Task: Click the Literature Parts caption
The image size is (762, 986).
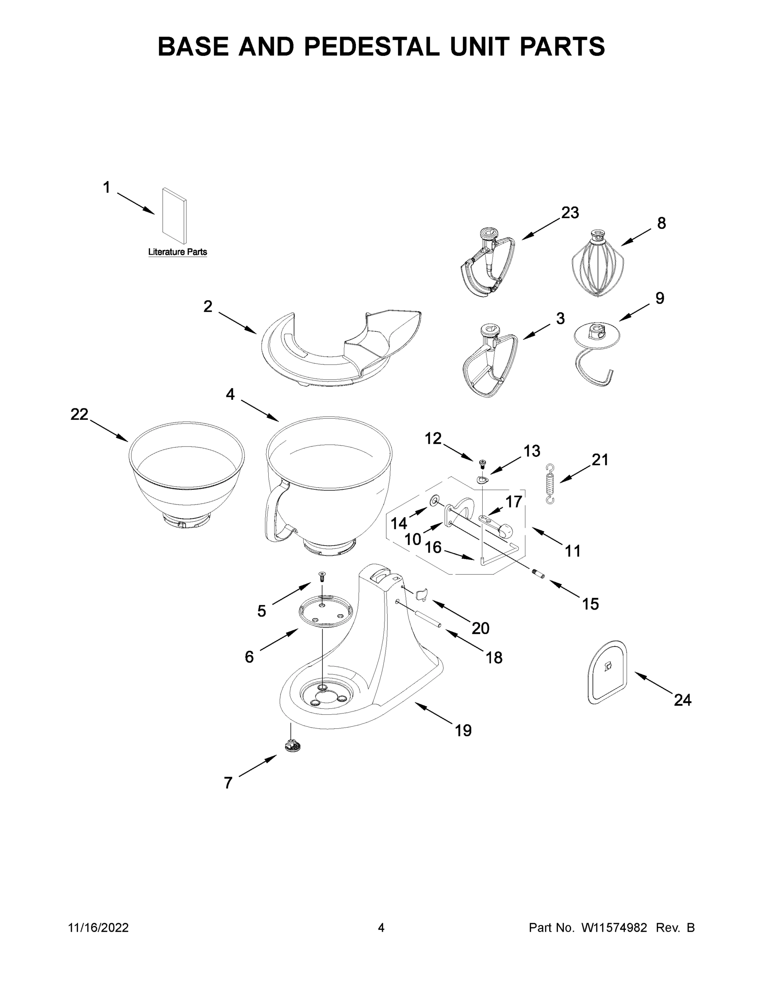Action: coord(177,252)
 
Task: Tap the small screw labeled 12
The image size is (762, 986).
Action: coord(482,463)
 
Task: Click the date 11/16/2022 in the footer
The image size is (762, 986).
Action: coord(99,928)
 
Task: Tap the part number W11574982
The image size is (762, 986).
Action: coord(614,928)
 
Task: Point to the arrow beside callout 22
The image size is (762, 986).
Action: coord(110,431)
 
